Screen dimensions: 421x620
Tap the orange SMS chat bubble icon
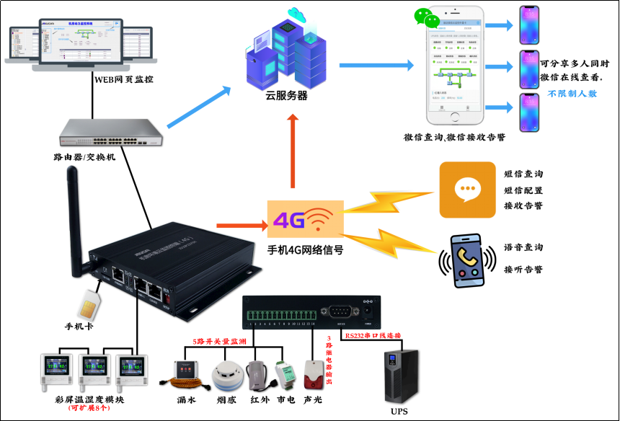pyautogui.click(x=468, y=190)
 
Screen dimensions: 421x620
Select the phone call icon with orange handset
pyautogui.click(x=467, y=260)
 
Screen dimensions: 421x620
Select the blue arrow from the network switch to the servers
pyautogui.click(x=199, y=107)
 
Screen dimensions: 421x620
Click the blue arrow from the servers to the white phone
pyautogui.click(x=376, y=65)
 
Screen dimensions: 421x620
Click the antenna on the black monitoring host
pyautogui.click(x=74, y=209)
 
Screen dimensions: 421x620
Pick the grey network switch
pyautogui.click(x=112, y=132)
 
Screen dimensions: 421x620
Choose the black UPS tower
pyautogui.click(x=402, y=376)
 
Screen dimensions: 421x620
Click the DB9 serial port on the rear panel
pyautogui.click(x=340, y=311)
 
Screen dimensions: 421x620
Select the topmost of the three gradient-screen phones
pyautogui.click(x=529, y=26)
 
